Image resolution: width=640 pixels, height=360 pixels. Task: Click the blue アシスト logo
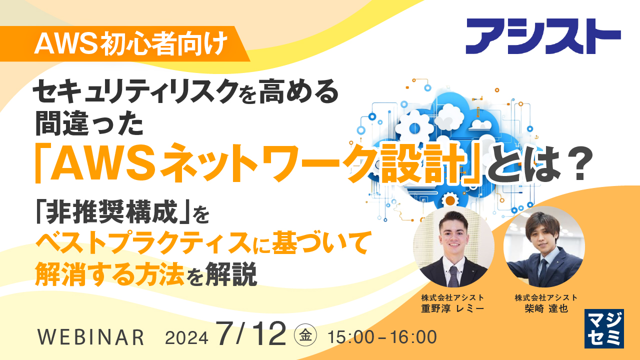pyautogui.click(x=543, y=36)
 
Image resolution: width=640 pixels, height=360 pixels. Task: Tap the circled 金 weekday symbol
pyautogui.click(x=305, y=333)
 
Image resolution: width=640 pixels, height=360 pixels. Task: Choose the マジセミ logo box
pyautogui.click(x=604, y=328)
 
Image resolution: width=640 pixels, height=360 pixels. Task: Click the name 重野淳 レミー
pyautogui.click(x=453, y=308)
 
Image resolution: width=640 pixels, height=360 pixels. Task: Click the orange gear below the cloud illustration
pyautogui.click(x=450, y=200)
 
